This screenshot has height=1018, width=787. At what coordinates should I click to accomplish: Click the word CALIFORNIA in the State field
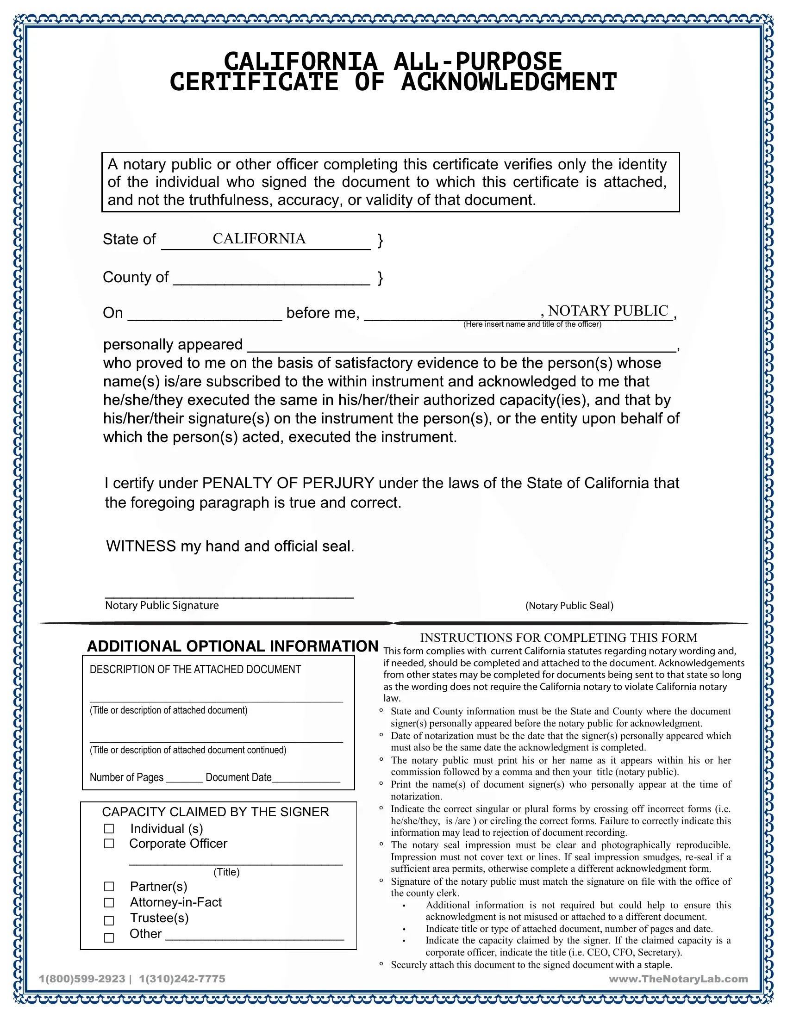259,239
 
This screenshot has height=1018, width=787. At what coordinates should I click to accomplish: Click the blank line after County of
272,279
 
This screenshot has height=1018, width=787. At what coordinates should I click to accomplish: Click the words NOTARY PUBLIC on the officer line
608,311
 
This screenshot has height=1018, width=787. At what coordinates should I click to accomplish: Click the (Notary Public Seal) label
569,606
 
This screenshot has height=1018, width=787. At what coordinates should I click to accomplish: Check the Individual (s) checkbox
109,829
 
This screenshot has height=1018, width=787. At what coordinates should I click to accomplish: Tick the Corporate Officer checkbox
109,844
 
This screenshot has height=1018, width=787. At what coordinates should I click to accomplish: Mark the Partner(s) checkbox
109,887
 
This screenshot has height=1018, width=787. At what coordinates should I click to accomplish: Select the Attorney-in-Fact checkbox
109,903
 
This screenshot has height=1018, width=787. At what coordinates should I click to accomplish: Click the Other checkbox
109,938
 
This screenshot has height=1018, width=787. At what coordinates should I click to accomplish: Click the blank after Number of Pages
184,778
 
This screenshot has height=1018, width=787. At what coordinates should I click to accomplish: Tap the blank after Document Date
306,778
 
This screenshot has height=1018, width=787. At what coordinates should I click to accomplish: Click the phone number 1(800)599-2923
82,979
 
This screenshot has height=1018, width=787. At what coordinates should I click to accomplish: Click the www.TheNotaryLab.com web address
678,979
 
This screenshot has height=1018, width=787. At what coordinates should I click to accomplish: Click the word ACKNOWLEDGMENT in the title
509,82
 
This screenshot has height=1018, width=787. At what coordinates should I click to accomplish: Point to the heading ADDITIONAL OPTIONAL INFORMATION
232,646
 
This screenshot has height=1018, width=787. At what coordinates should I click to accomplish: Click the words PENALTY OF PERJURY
288,483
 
